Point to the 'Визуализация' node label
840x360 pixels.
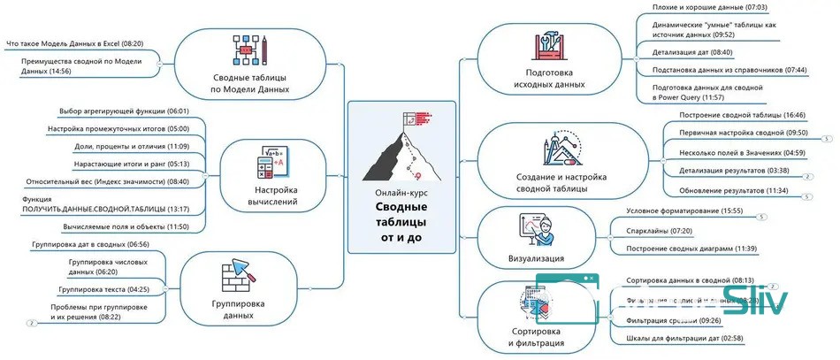(x=537, y=258)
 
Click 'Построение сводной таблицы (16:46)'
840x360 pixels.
(x=729, y=115)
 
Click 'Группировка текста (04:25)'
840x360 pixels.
(x=103, y=289)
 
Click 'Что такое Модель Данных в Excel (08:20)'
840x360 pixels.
(x=74, y=42)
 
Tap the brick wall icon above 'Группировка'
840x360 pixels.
(x=236, y=274)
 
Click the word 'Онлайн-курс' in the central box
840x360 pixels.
(x=402, y=192)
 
